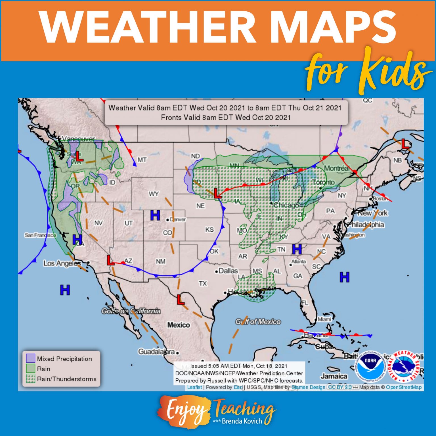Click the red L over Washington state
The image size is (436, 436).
79,156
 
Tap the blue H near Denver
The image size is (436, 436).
155,215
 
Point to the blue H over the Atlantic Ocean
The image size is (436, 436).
344,277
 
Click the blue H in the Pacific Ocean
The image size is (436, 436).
65,290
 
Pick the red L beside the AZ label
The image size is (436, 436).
110,260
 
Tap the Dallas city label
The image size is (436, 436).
228,271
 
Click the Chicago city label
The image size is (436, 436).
286,205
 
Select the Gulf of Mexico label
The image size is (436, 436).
258,322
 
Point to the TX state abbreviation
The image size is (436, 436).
203,284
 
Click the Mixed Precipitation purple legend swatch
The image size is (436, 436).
30,358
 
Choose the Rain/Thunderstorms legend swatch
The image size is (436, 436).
30,379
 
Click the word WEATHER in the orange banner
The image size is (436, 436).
148,27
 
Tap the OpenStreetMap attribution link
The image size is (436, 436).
404,387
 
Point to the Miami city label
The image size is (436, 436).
324,319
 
